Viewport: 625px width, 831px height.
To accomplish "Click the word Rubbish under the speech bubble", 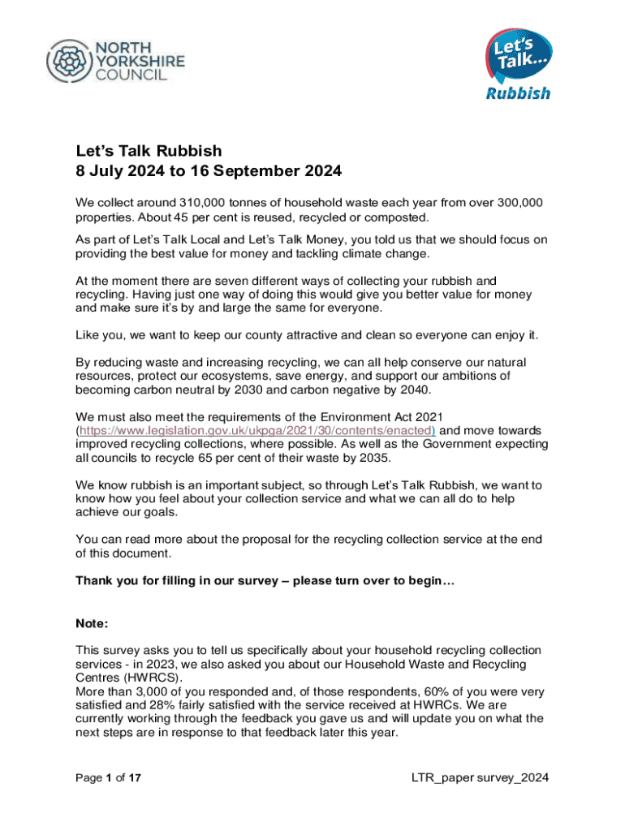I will tap(518, 93).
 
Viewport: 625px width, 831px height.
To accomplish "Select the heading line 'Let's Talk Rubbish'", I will tap(149, 151).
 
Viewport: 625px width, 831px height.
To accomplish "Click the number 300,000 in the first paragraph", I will tap(515, 202).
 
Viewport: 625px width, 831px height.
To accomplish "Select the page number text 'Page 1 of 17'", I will tap(109, 778).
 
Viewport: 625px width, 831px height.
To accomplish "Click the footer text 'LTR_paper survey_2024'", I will tap(481, 778).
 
